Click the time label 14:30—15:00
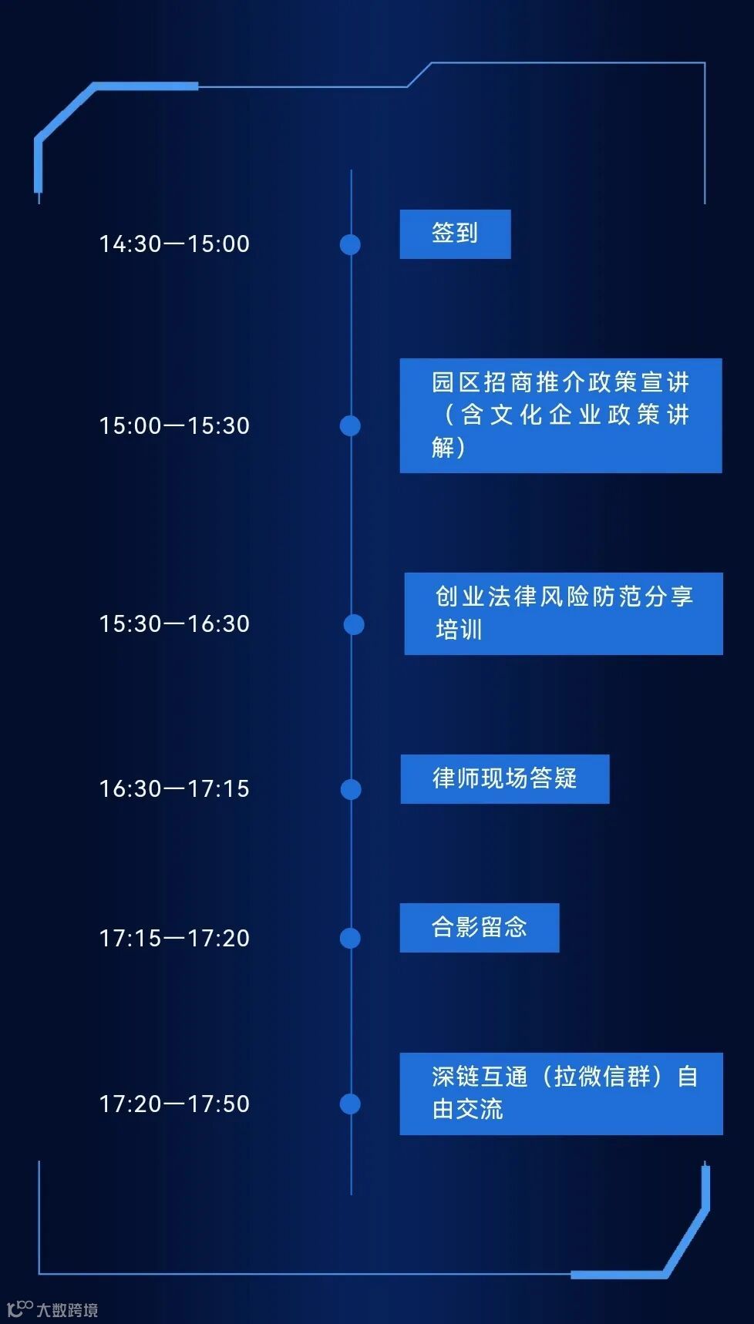click(174, 244)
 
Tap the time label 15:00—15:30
click(174, 426)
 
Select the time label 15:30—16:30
click(174, 624)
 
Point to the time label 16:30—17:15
click(174, 789)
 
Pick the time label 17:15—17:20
click(174, 939)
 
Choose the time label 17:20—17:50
click(174, 1104)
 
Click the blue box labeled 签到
click(455, 234)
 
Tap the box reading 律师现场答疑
click(504, 779)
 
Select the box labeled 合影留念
click(479, 927)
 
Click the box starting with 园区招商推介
click(560, 415)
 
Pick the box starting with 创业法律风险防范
click(564, 613)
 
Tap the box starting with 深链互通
click(561, 1094)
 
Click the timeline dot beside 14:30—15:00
click(350, 244)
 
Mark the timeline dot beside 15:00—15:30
click(350, 425)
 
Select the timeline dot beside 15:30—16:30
click(354, 624)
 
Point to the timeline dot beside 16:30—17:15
click(351, 789)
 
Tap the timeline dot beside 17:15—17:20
click(350, 938)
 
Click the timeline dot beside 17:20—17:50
click(350, 1104)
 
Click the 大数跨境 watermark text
click(67, 1310)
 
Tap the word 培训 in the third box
click(459, 630)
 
